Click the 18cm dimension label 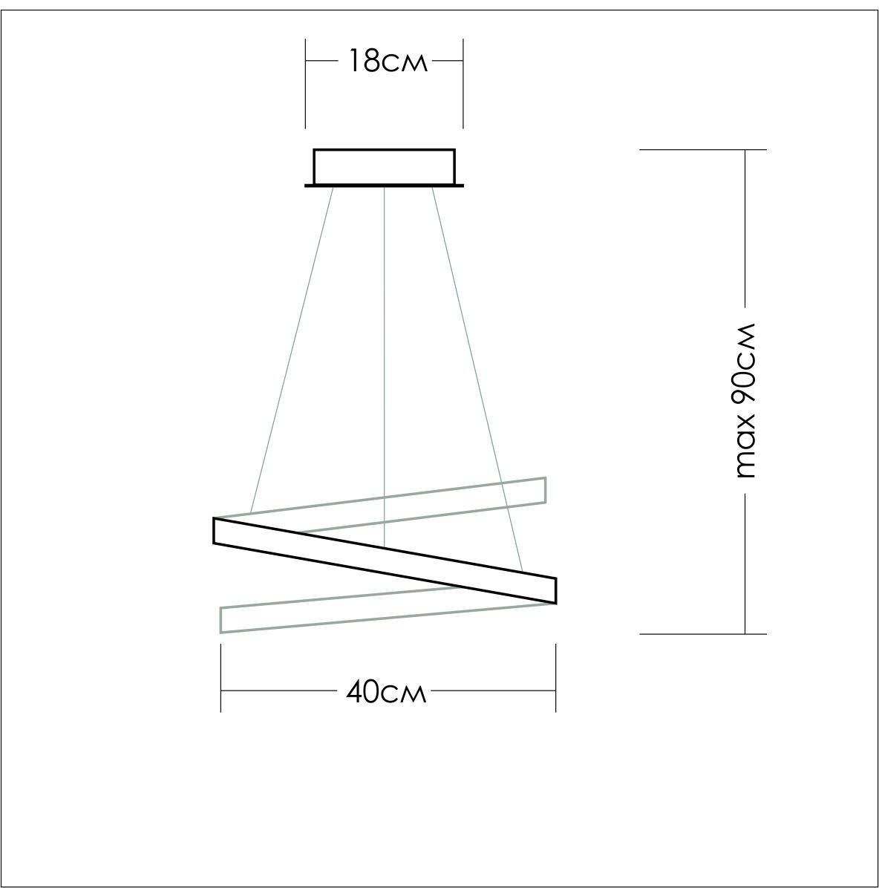point(387,61)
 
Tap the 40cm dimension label point(386,691)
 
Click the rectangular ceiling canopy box point(385,166)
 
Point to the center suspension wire point(385,367)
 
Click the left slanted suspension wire point(292,350)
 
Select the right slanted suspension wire point(477,379)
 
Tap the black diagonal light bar point(385,561)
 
